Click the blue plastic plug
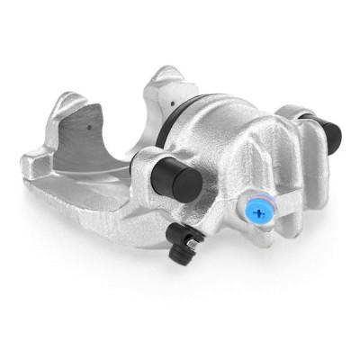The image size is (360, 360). click(x=261, y=212)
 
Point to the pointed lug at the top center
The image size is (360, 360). click(x=163, y=76)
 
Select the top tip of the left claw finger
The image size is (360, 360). click(x=61, y=99)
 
